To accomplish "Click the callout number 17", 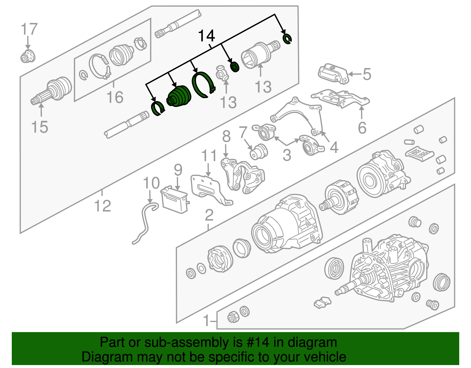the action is [29, 29].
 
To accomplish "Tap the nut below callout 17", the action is [28, 56].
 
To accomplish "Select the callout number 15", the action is [39, 127].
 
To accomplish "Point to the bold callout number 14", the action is [207, 36].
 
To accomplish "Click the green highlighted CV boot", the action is [179, 96].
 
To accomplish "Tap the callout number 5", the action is [367, 74].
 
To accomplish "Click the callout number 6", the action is [362, 128].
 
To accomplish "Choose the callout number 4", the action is [334, 147].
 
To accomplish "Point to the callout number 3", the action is [287, 155].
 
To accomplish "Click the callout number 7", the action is [243, 133].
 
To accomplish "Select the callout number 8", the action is [226, 136].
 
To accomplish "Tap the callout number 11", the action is [209, 156].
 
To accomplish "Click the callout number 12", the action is [102, 206].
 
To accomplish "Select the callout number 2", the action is [209, 215].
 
